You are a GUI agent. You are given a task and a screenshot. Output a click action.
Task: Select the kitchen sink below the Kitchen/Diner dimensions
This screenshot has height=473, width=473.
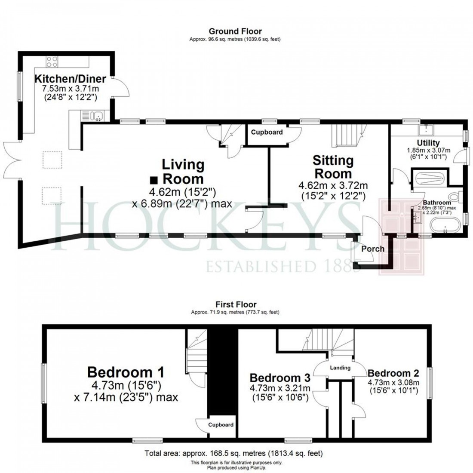[95, 115]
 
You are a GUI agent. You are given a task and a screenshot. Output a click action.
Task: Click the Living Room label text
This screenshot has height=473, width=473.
[183, 171]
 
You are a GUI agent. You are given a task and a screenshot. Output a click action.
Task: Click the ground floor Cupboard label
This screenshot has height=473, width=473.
[267, 132]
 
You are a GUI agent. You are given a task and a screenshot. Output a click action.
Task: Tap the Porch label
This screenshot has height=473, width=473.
[372, 249]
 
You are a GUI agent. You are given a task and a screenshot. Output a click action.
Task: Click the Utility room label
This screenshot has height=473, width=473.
[428, 143]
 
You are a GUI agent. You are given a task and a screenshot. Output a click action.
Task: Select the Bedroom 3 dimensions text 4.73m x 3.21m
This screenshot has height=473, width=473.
[280, 389]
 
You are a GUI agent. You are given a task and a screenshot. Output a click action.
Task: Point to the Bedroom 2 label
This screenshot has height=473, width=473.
[393, 372]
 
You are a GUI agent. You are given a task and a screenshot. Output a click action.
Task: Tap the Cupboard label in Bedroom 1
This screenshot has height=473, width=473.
[221, 425]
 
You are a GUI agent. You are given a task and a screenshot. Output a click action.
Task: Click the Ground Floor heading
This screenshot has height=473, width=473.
[235, 31]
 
